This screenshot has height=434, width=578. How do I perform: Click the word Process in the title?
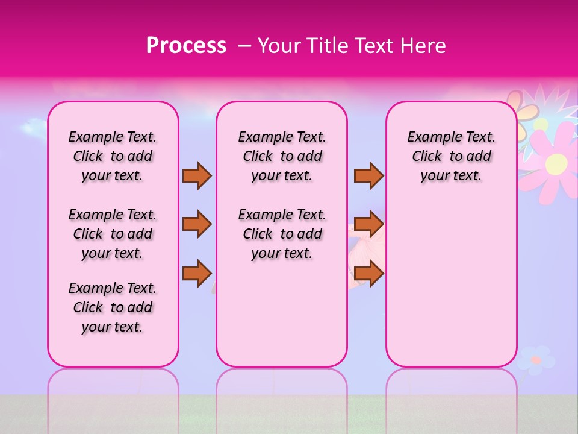point(186,46)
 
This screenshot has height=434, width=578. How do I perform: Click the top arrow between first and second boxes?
point(197,175)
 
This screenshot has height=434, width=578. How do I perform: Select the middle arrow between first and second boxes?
point(197,224)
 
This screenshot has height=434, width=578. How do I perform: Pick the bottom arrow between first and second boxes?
point(197,273)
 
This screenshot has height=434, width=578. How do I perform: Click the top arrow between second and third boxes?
point(368,175)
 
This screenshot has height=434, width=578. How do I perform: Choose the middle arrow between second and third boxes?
point(368,224)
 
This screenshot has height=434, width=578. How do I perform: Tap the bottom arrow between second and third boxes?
point(368,273)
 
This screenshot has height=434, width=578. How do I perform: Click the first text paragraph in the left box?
point(113,156)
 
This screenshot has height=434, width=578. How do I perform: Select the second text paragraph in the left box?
point(113,234)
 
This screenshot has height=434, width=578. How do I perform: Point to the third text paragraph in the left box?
point(113,307)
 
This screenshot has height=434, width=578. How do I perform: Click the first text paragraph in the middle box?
point(282,156)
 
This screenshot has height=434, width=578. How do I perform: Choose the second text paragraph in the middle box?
point(282,234)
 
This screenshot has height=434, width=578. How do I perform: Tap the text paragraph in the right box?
point(451,156)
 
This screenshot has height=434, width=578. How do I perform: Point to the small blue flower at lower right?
point(535,360)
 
